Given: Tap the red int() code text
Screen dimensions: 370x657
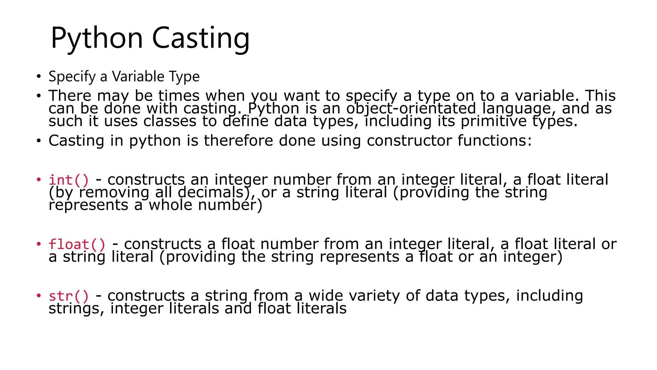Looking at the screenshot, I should pyautogui.click(x=69, y=180).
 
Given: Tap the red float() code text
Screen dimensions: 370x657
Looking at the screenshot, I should pyautogui.click(x=77, y=244).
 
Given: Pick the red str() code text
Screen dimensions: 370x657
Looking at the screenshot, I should pyautogui.click(x=69, y=296).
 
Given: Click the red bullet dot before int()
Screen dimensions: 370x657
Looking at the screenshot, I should pyautogui.click(x=39, y=179).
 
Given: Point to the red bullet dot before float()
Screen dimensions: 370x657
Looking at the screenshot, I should pyautogui.click(x=39, y=244).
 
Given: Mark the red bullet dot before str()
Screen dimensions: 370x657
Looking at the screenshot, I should pyautogui.click(x=39, y=295).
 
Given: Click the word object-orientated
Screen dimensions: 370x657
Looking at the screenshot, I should pyautogui.click(x=411, y=109).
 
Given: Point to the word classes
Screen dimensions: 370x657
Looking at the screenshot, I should pyautogui.click(x=170, y=121).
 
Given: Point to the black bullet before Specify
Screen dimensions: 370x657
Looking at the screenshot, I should pyautogui.click(x=39, y=77).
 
